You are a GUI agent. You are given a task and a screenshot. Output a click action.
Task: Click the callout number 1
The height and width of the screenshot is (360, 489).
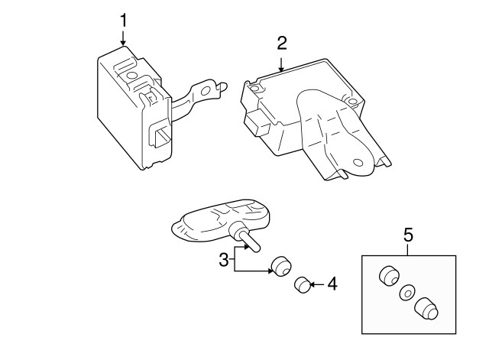[x=124, y=21]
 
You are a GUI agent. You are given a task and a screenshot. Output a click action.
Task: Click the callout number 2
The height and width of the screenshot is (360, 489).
[x=282, y=43]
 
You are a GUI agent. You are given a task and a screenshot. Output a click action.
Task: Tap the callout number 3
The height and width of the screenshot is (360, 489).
[x=224, y=260]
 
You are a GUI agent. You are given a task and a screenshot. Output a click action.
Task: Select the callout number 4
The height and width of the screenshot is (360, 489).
[x=332, y=284]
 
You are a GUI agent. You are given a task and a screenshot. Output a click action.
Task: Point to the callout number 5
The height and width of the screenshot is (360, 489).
[x=408, y=235]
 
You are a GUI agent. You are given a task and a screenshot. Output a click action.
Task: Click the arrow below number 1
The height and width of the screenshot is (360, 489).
[x=124, y=38]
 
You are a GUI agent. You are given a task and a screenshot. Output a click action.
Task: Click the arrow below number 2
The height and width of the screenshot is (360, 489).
[x=281, y=64]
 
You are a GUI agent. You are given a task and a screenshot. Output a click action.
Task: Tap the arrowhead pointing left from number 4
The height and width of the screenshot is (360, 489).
[x=313, y=284]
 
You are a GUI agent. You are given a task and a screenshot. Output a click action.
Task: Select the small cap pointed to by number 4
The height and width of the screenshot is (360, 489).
[x=303, y=284]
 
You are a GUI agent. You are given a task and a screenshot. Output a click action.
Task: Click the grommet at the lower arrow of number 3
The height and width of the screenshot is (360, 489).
[x=282, y=266]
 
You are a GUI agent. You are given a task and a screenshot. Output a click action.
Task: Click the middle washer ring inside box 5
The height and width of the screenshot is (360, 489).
[x=406, y=293]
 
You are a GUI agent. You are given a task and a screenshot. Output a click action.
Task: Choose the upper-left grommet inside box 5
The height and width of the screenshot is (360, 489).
[x=389, y=276]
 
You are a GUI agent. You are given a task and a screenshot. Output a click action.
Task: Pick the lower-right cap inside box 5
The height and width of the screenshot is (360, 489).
[x=426, y=309]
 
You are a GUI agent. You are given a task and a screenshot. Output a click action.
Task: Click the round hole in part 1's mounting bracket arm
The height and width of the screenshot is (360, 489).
[x=206, y=91]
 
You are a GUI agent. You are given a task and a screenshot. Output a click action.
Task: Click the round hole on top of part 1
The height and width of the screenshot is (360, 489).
[x=131, y=76]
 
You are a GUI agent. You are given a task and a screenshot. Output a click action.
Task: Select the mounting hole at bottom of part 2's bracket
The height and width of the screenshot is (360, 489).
[x=358, y=163]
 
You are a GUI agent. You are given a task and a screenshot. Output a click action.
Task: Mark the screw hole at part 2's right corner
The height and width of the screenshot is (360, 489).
[x=352, y=102]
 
